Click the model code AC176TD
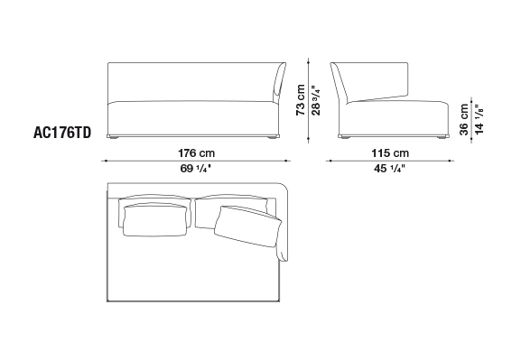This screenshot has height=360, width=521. pyautogui.click(x=62, y=133)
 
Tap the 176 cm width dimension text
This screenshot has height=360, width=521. pyautogui.click(x=196, y=153)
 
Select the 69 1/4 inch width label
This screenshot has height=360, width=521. pyautogui.click(x=195, y=169)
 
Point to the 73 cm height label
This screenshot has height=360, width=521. pyautogui.click(x=301, y=99)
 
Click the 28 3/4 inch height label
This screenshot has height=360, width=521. pyautogui.click(x=316, y=99)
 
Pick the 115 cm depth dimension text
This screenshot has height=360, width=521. pyautogui.click(x=390, y=153)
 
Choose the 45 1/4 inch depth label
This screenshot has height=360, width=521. pyautogui.click(x=389, y=169)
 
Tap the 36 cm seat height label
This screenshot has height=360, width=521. pyautogui.click(x=464, y=120)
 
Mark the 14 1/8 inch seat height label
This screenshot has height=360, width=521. pyautogui.click(x=479, y=119)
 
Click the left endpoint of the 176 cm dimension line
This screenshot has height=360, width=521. pyautogui.click(x=106, y=161)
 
